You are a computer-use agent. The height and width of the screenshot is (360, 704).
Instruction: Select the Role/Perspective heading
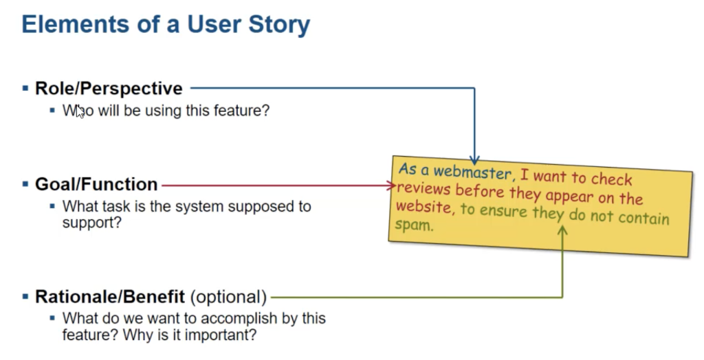[109, 89]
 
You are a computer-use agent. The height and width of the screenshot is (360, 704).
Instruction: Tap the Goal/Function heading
[96, 185]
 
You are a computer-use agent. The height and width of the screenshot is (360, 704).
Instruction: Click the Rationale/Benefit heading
[110, 297]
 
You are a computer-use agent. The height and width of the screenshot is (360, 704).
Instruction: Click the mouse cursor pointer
[80, 111]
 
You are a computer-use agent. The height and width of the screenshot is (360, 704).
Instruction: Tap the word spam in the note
[414, 225]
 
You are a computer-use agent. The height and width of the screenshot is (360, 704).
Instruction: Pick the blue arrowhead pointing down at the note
[474, 159]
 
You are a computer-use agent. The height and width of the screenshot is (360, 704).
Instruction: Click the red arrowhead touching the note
[391, 185]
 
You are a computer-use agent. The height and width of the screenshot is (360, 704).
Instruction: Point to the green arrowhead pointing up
[562, 231]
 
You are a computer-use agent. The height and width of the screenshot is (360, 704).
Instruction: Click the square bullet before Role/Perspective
[25, 89]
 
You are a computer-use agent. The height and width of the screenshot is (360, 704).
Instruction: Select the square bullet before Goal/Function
[25, 185]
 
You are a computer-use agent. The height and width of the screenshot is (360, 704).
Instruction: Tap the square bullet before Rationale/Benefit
[25, 297]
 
